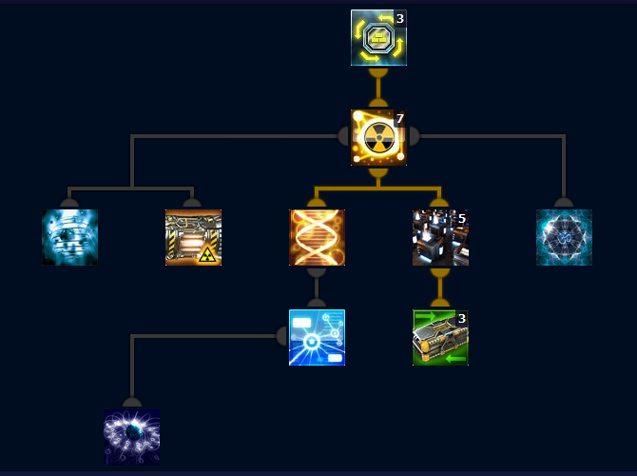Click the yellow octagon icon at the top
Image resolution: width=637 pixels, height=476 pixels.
point(378,38)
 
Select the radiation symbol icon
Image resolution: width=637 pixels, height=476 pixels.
point(378,137)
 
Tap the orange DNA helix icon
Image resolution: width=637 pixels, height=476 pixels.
point(317,237)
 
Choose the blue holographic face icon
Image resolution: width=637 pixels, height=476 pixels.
point(69,237)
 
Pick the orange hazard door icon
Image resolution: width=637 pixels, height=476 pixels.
point(193,237)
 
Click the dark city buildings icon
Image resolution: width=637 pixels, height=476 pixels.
point(439,237)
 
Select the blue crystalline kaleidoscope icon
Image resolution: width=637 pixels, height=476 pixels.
point(564,237)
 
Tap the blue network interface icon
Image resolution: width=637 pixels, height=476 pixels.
point(317,337)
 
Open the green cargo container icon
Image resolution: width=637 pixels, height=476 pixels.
point(439,337)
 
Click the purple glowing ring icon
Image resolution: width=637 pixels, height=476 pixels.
point(131,437)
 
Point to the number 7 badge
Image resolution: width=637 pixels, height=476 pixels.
point(400,119)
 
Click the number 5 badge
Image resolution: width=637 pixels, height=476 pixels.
point(461,219)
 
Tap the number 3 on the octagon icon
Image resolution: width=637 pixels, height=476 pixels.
point(400,18)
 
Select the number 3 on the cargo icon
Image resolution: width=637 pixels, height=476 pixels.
point(461,319)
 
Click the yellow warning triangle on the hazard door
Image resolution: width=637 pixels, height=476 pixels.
point(207,252)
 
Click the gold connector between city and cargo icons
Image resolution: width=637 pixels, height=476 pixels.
point(439,287)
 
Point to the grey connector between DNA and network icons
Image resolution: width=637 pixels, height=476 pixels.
point(317,287)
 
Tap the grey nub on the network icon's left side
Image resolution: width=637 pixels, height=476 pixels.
point(281,336)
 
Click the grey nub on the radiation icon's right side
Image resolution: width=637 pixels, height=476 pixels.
point(413,136)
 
